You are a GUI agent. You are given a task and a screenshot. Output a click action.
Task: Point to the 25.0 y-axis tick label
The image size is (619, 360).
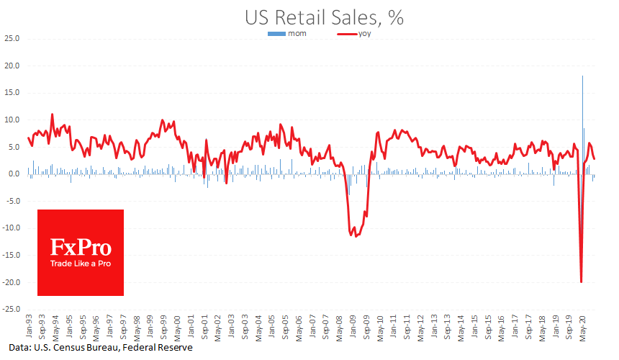13,38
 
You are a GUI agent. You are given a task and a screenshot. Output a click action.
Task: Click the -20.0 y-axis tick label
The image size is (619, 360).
12,282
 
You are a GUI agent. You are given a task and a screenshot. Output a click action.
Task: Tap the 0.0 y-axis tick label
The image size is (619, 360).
14,174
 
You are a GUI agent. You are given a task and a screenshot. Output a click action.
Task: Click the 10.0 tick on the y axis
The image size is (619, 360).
13,120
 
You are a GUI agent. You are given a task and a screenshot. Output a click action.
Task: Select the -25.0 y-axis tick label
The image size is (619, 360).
12,309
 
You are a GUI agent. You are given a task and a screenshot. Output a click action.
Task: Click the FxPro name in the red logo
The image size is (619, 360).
81,248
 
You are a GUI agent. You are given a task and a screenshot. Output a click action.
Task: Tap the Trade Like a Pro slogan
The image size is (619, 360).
81,264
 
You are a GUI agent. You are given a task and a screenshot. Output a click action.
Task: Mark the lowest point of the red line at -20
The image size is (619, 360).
581,282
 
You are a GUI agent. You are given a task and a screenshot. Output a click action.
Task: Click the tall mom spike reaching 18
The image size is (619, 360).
582,78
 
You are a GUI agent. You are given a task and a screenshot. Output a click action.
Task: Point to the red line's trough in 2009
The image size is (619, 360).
355,235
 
